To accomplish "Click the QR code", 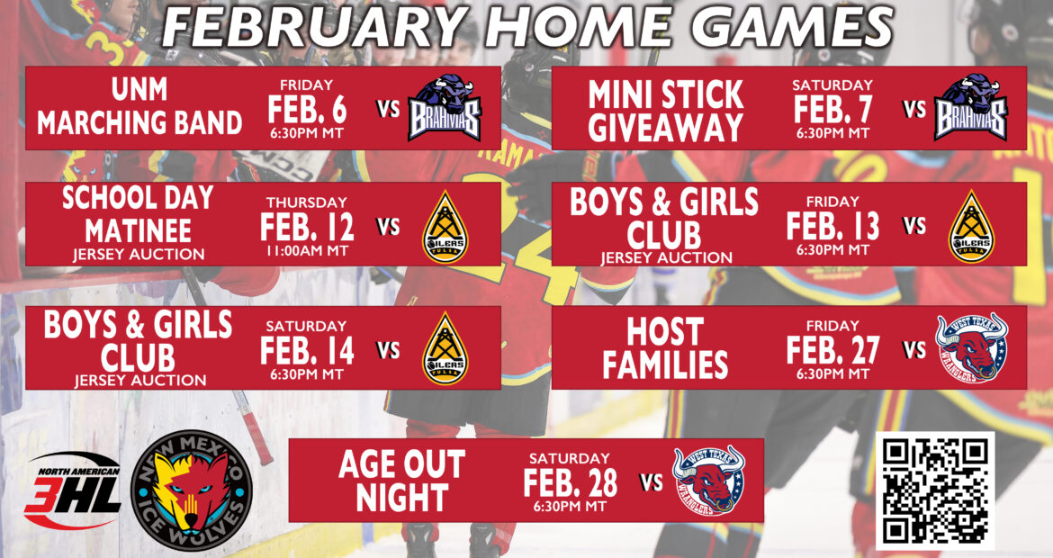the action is tap(935, 490).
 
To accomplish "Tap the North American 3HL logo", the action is tap(73, 490).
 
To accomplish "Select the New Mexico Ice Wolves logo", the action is tap(192, 490).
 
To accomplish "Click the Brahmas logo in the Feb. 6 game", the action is tap(445, 107).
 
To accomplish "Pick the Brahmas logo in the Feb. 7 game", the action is tap(970, 107).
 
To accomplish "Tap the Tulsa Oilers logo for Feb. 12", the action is tap(445, 227).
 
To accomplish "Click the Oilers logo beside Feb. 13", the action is tap(971, 226).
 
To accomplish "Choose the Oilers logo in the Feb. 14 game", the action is tap(445, 348).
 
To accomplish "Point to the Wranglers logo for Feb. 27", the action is tap(972, 347).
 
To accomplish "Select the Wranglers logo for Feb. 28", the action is tap(709, 480).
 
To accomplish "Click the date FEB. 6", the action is tap(307, 109).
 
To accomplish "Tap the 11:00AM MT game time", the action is tap(307, 250).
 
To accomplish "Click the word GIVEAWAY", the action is tap(665, 128).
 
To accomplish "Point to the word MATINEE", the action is tap(139, 231).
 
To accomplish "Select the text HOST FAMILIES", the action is tap(665, 347).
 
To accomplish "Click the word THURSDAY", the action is tap(307, 202).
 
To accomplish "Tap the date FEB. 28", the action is tap(571, 482).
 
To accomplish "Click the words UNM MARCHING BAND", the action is tap(139, 106).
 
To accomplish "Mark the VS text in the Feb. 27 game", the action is tap(914, 350).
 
